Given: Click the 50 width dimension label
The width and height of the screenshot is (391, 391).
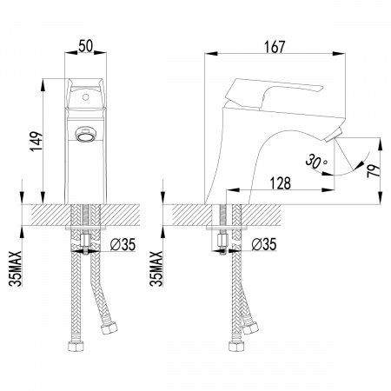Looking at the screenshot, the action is (85, 46).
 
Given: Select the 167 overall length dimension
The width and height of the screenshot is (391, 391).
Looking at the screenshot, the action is (275, 47).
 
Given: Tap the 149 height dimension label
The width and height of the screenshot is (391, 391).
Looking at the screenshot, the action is (36, 142).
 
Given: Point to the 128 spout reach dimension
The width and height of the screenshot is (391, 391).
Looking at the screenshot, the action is (280, 183).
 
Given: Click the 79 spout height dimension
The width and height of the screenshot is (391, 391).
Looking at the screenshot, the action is (374, 171).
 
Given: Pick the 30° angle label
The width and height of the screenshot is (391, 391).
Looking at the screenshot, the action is (315, 161).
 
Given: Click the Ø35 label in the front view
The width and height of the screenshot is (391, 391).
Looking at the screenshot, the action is (123, 245).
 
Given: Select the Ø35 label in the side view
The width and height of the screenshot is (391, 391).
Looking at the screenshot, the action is (264, 244).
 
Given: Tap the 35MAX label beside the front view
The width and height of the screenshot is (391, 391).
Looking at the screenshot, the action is (15, 268).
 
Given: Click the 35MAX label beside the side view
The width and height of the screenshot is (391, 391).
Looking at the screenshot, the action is (156, 268).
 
